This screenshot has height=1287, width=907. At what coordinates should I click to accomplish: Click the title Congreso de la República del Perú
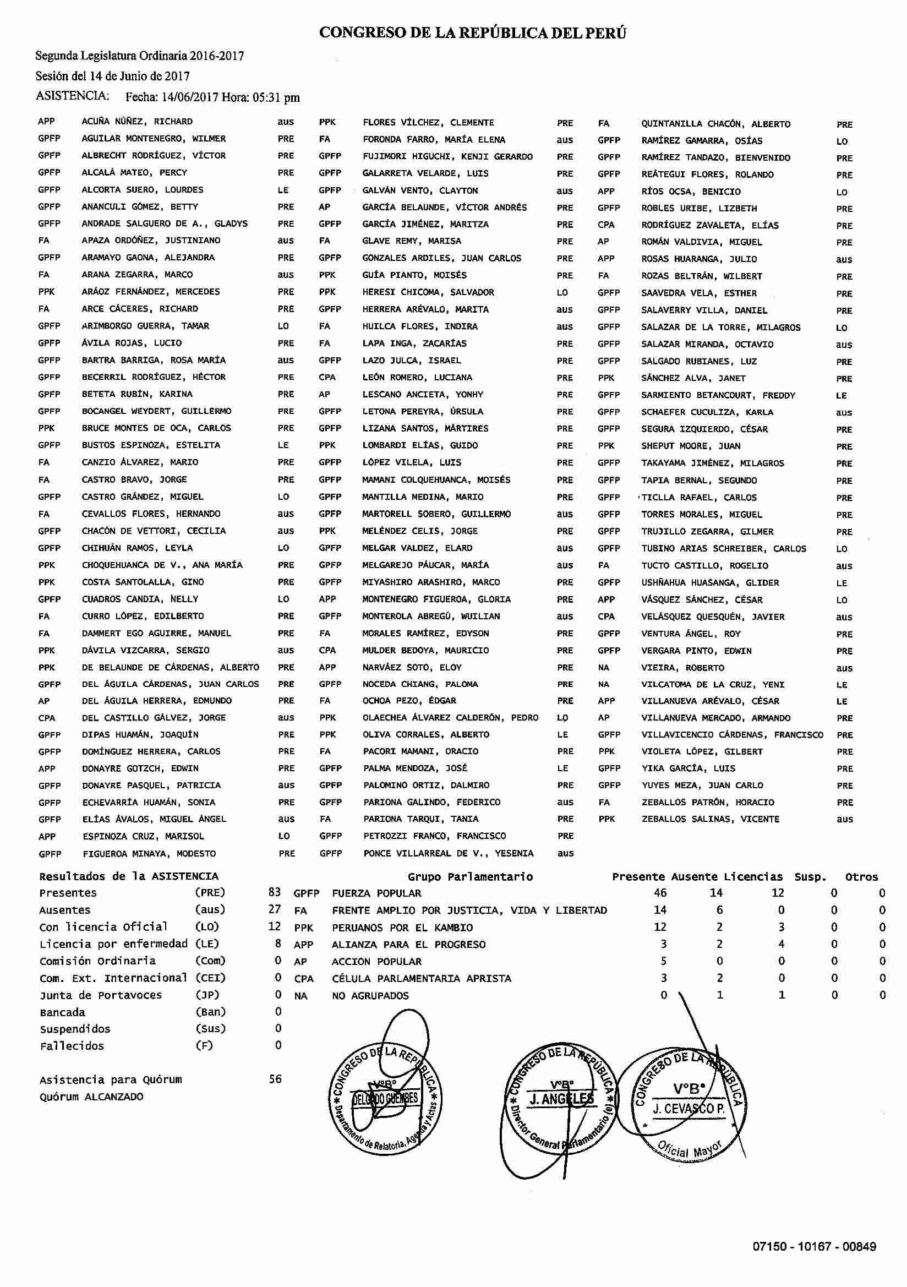[473, 33]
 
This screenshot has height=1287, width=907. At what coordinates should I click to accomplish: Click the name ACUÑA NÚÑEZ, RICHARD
[137, 122]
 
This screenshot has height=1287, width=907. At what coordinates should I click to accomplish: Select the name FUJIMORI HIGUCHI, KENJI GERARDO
[447, 156]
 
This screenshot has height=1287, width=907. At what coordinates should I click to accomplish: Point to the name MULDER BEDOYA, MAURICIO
[425, 650]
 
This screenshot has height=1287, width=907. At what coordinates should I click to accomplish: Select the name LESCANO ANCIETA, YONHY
[423, 395]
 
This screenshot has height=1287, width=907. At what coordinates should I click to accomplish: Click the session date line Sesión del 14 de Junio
[113, 76]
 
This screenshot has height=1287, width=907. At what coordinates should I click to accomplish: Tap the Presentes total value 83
[274, 892]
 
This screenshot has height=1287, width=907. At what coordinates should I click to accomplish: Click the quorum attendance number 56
[275, 1079]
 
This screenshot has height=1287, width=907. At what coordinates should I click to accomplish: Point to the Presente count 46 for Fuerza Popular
[660, 893]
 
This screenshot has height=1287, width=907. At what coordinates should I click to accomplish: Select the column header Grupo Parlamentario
[470, 877]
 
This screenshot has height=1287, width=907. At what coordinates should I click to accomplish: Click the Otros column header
[861, 877]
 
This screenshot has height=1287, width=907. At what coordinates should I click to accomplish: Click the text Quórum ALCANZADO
[91, 1097]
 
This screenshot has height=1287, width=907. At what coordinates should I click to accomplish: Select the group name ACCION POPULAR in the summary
[376, 961]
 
